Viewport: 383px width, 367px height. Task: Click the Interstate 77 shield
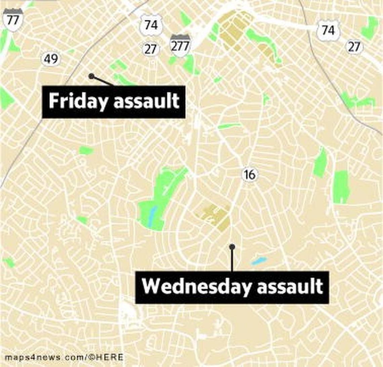click(13, 20)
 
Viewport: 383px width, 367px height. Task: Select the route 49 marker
click(51, 59)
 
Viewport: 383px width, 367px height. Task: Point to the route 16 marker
click(249, 174)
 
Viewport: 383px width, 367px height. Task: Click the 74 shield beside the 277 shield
click(151, 25)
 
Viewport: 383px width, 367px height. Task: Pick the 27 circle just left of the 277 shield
click(151, 49)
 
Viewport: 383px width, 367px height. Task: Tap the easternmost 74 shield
click(328, 30)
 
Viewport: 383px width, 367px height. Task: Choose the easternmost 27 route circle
click(354, 47)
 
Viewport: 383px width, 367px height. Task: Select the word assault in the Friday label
click(146, 101)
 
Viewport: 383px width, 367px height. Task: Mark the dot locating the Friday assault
click(91, 76)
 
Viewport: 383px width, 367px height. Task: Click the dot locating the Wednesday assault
click(232, 247)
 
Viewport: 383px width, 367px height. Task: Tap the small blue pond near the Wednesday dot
click(259, 260)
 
